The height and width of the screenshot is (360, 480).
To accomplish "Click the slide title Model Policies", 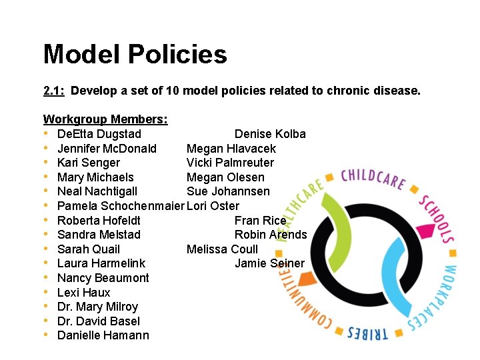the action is pos(135,55).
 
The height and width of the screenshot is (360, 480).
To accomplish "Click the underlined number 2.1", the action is pos(53,90).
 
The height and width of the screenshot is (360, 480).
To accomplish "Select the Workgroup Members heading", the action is pos(105,119).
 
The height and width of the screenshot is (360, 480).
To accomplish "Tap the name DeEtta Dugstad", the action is pos(99,134).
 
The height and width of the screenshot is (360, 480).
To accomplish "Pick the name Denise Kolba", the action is pos(270,134).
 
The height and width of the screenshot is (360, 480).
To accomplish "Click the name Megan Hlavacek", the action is pos(231,149).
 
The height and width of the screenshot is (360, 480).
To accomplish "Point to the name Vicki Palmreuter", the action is pos(230,163).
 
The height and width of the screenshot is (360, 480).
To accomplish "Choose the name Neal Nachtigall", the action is pos(97,191).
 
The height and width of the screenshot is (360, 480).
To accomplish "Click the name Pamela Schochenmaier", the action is pos(121,206).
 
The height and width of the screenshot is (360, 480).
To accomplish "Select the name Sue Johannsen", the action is pos(228,191).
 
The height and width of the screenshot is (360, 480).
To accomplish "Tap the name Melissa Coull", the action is pos(221,249).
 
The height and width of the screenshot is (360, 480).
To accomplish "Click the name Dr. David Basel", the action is pos(99,321).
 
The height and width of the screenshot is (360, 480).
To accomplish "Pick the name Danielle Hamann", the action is pos(103,335).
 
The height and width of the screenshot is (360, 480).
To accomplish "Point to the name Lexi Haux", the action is pos(84,293).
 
